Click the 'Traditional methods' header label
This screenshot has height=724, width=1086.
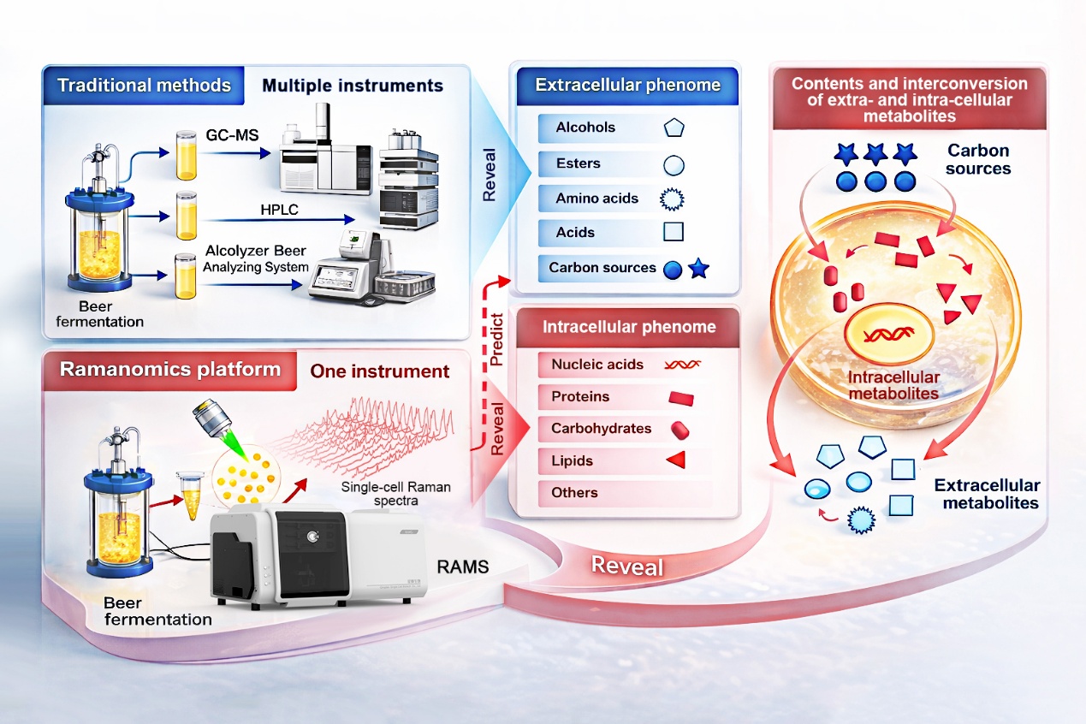pos(144,86)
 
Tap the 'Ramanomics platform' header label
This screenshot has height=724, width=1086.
pos(169,370)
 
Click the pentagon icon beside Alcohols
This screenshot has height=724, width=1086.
pos(674,128)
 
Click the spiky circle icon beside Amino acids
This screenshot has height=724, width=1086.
pos(674,199)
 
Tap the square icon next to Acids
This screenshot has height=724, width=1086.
pos(674,233)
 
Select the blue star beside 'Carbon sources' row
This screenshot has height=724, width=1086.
pos(699,269)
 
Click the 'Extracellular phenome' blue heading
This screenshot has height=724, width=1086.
pos(627,86)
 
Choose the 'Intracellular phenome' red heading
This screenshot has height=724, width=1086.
pos(629,327)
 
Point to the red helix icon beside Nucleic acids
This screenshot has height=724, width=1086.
pos(682,365)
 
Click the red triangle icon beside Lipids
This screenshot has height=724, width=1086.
pos(676,461)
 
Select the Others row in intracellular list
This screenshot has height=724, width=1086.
pos(575,493)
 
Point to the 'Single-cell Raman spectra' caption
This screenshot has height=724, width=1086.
pos(395,494)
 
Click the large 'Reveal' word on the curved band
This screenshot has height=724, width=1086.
pos(628,566)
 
